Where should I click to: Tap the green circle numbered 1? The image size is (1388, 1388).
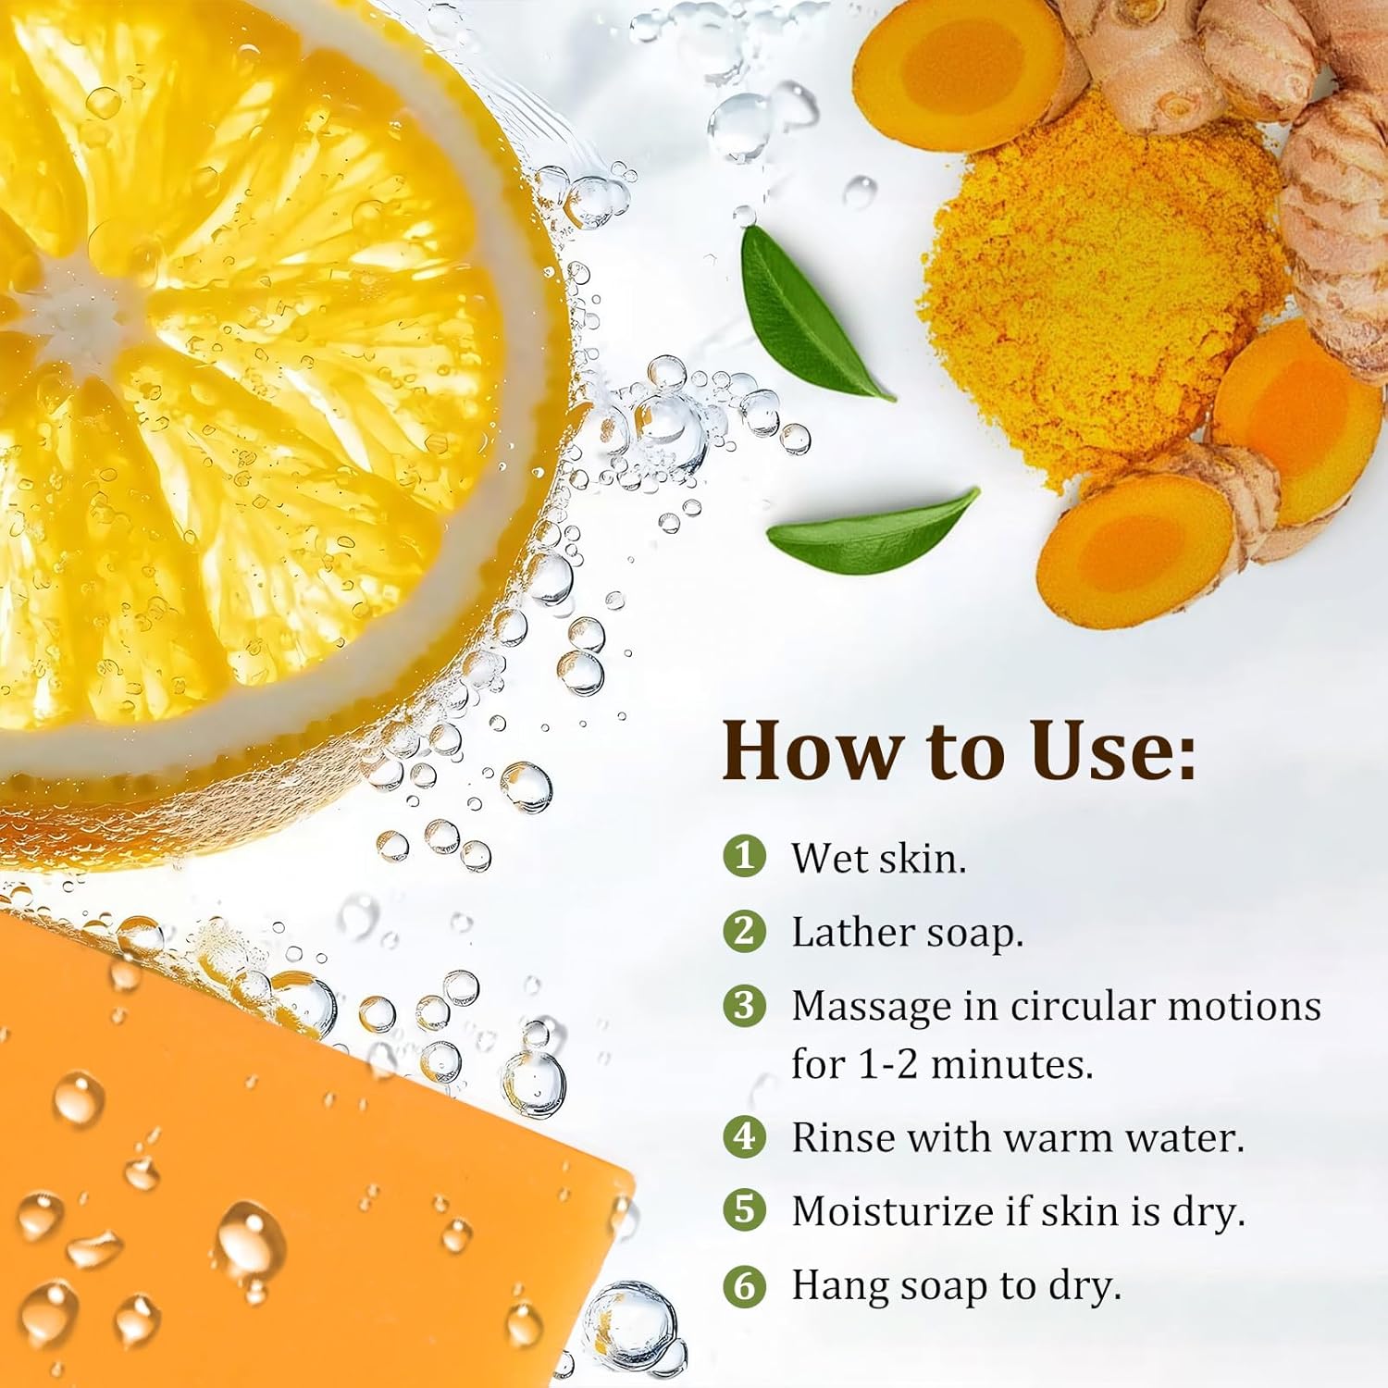tap(745, 856)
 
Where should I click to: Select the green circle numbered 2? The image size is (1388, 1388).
tap(745, 930)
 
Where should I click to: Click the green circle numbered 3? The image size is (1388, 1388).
tap(745, 1005)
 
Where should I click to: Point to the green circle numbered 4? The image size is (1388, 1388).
tap(745, 1136)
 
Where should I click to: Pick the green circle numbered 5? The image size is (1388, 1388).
tap(745, 1210)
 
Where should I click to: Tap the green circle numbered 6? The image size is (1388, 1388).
tap(745, 1285)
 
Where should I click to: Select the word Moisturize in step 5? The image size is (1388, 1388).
tap(893, 1211)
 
